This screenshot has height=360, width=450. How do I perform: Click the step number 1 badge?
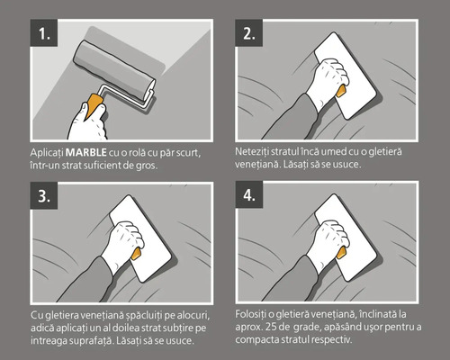(42, 34)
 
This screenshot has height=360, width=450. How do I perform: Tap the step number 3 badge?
(42, 196)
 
